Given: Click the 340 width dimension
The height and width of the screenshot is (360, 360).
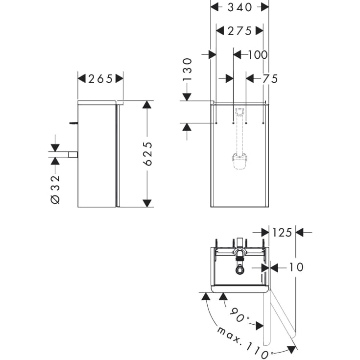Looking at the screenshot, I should pos(240,7).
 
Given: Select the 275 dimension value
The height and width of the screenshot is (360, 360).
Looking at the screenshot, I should pos(240,31).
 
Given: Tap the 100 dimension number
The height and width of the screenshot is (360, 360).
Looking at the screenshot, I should pos(257,54).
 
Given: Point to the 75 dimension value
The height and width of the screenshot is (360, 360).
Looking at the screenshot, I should pos(270,78).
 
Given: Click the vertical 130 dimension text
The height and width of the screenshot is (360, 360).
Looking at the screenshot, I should pos(188,70).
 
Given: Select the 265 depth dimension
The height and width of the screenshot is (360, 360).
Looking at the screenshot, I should pos(100,78).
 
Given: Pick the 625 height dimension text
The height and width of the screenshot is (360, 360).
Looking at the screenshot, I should pos(147,154).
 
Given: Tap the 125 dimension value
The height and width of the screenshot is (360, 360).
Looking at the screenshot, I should pos(282,232).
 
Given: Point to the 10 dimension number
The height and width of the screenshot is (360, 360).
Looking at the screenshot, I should pos(296,267).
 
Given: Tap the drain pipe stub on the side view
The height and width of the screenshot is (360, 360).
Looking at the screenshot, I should pos(73,155).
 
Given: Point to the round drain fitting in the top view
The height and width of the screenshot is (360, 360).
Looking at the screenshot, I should pos(239,269).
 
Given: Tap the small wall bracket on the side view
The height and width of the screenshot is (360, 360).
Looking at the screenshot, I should pos(74,123).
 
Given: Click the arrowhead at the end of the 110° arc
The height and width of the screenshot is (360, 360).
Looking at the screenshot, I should pos(292,348).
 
